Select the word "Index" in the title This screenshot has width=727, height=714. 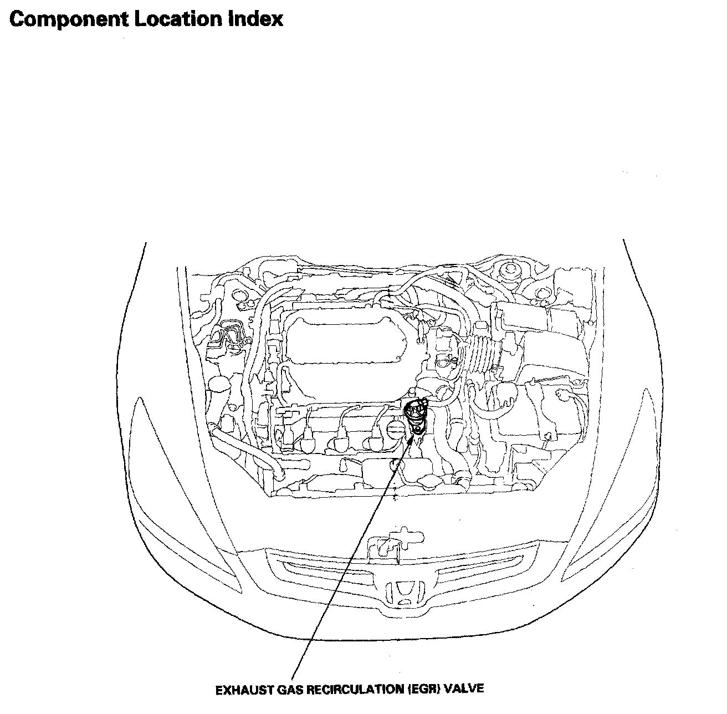(x=256, y=19)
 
